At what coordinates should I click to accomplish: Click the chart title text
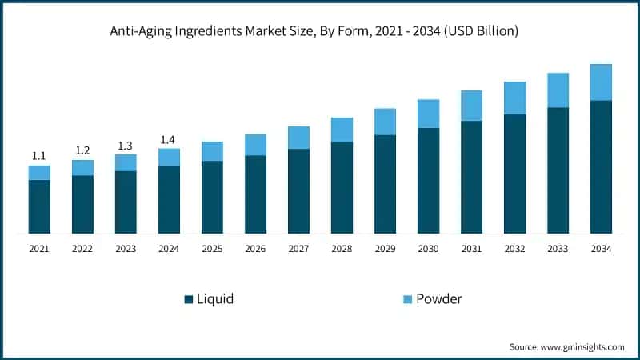320,31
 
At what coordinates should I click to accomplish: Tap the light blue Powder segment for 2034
601,82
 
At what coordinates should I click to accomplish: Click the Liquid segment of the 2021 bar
39,206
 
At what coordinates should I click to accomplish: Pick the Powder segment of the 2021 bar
39,173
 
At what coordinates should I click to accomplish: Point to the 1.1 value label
39,156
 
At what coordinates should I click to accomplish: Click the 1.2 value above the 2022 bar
82,150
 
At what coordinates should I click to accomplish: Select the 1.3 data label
126,146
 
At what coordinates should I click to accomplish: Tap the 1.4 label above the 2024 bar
169,140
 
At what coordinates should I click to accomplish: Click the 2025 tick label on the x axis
212,249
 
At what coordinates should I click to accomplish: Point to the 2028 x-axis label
342,249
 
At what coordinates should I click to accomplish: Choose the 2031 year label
471,249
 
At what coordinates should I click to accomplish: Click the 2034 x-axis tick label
601,249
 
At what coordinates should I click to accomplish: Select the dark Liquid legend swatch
189,299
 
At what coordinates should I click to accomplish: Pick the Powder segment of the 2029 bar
385,122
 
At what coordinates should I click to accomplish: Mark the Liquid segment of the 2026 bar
255,194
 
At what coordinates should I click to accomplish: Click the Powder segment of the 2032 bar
514,98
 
